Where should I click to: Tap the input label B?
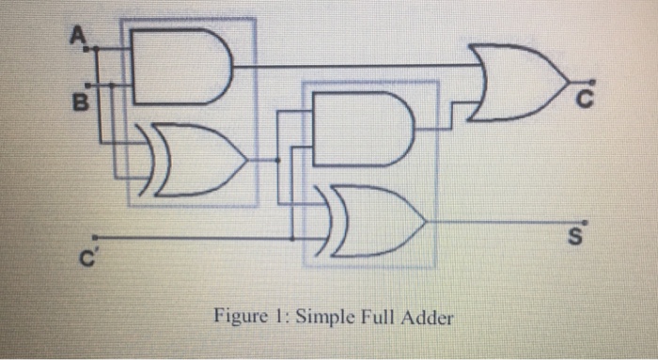click(81, 99)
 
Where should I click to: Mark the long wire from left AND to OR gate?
click(357, 67)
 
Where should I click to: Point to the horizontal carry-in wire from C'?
click(188, 237)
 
